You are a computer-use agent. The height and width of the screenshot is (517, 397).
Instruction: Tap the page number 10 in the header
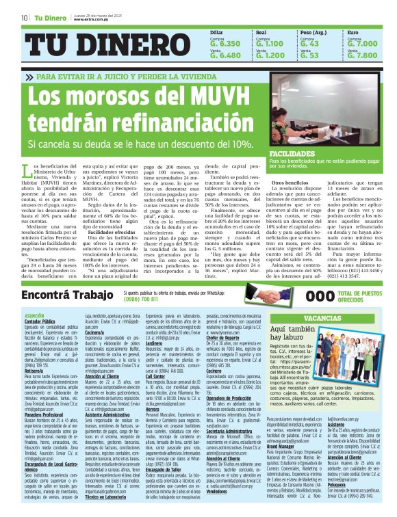coord(24,17)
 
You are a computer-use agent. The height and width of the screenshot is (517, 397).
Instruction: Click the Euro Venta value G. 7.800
coord(362,55)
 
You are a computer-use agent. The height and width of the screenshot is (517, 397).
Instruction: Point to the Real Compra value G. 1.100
coord(270,43)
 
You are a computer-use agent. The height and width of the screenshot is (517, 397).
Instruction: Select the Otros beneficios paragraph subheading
coord(290,183)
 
